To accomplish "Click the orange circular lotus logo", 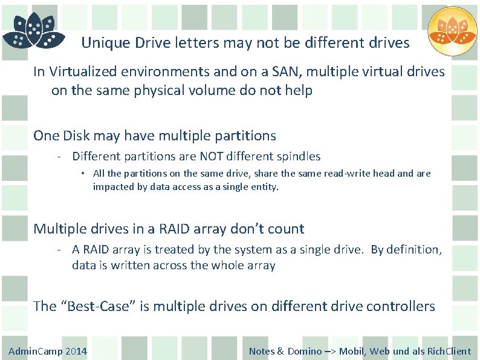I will pos(453,31).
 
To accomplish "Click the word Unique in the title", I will pos(102,43).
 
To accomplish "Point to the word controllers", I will pos(400,306).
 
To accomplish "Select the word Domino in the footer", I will pos(305,351).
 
